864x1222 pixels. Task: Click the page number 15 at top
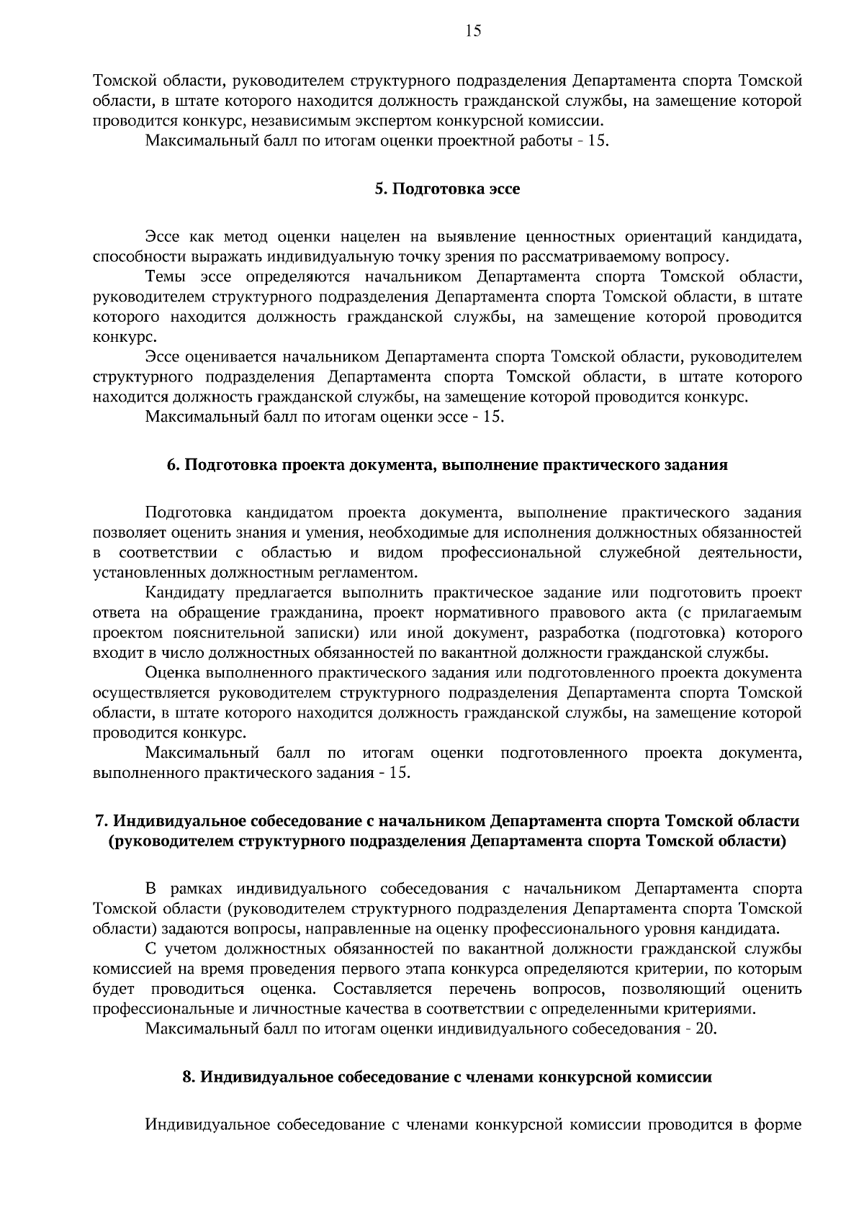tap(473, 30)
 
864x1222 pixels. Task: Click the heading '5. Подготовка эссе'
tap(447, 189)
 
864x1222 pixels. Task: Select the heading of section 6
tap(447, 465)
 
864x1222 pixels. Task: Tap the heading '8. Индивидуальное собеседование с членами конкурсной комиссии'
tap(447, 1077)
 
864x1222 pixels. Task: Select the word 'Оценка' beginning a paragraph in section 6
tap(174, 673)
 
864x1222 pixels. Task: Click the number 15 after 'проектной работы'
tap(597, 140)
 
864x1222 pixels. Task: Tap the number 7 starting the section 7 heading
tap(101, 822)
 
